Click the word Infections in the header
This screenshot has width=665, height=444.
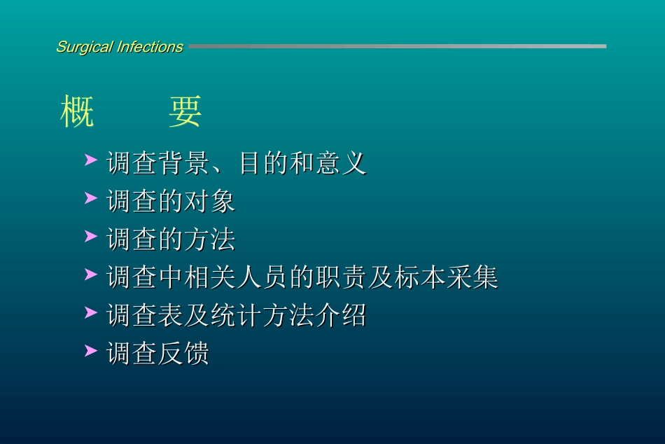(x=150, y=48)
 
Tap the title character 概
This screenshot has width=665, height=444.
(x=77, y=111)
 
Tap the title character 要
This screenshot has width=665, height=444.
(x=185, y=111)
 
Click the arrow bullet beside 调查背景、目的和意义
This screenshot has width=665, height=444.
(x=90, y=161)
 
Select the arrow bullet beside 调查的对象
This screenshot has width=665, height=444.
(x=90, y=199)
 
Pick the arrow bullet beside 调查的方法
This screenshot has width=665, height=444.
(x=90, y=237)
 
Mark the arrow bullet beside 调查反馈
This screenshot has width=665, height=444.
(x=90, y=350)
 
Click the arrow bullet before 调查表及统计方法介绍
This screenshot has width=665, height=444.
(x=90, y=312)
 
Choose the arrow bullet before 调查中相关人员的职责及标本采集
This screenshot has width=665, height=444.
(x=90, y=275)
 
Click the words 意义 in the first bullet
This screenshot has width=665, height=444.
(x=341, y=164)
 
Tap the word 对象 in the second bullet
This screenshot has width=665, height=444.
(x=210, y=202)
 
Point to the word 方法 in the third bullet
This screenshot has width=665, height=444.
(x=210, y=240)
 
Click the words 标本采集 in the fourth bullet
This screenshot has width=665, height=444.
(x=446, y=277)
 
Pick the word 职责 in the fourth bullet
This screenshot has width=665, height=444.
(x=341, y=277)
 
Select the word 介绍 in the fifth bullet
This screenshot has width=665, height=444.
(x=341, y=315)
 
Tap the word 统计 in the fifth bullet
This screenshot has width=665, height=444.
(x=236, y=315)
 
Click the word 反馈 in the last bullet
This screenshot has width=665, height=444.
(x=184, y=353)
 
